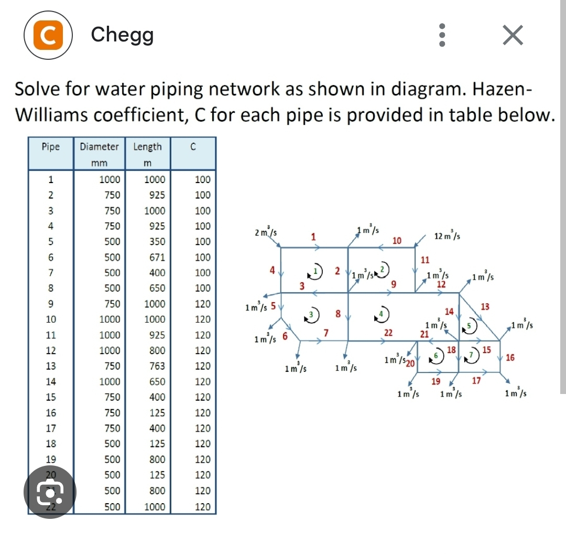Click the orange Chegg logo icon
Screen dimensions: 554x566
pyautogui.click(x=49, y=35)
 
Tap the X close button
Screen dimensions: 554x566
pyautogui.click(x=513, y=36)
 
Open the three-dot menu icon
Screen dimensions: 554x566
pyautogui.click(x=442, y=35)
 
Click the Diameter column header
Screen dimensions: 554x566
pyautogui.click(x=99, y=147)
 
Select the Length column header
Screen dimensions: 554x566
pyautogui.click(x=147, y=147)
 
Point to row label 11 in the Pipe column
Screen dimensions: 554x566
pyautogui.click(x=50, y=335)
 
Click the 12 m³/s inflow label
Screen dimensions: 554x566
pyautogui.click(x=448, y=236)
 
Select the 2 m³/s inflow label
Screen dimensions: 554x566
pyautogui.click(x=266, y=232)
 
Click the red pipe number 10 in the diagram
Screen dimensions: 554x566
pyautogui.click(x=397, y=240)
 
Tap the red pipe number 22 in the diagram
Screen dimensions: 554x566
pyautogui.click(x=388, y=333)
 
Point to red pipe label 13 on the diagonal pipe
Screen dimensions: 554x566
pyautogui.click(x=485, y=306)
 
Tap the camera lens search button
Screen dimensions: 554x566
pyautogui.click(x=50, y=492)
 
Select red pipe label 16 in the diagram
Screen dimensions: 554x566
pyautogui.click(x=510, y=358)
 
